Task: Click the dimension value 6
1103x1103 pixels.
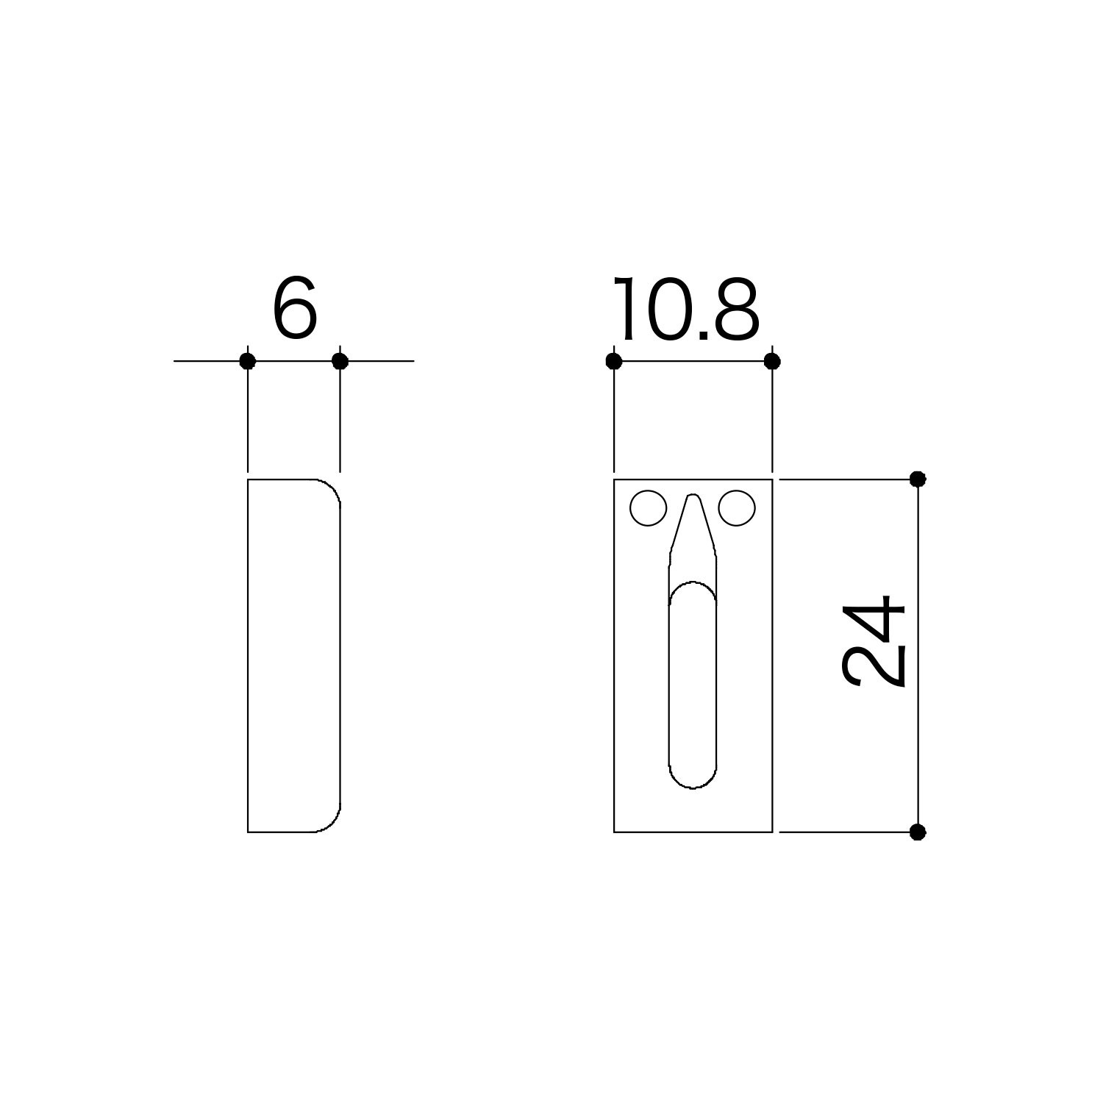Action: click(x=295, y=310)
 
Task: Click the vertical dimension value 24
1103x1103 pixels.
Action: click(x=874, y=641)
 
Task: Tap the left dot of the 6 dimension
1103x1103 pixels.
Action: click(x=248, y=361)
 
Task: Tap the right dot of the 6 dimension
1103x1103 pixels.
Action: click(x=340, y=361)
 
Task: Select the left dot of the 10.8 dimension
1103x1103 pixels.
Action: click(x=614, y=361)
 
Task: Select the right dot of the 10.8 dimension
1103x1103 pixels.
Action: click(x=772, y=361)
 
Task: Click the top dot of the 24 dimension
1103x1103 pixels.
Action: click(x=918, y=479)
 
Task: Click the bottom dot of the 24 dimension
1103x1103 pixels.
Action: click(x=918, y=832)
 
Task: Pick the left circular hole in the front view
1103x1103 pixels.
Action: click(x=649, y=508)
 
